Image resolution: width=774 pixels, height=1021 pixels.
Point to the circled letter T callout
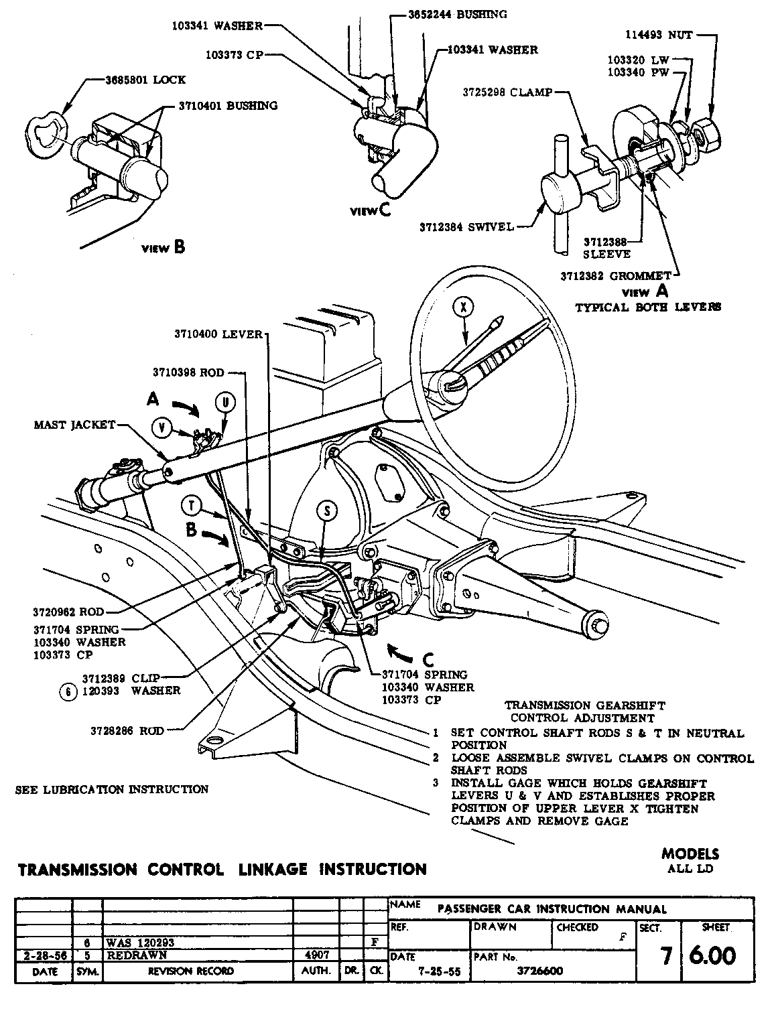coord(192,505)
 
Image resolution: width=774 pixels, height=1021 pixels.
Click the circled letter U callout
coord(225,402)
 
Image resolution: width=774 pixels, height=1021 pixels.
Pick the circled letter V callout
coord(162,426)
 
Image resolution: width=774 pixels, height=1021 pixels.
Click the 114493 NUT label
coord(659,35)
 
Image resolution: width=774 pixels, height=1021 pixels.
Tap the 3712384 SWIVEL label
coord(467,226)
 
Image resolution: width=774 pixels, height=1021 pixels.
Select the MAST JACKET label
coord(74,425)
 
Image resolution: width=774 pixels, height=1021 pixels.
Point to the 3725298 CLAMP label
coord(507,92)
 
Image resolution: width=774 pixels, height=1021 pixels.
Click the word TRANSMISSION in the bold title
coord(77,869)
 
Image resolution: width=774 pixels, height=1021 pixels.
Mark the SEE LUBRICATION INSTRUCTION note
coord(112,789)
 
